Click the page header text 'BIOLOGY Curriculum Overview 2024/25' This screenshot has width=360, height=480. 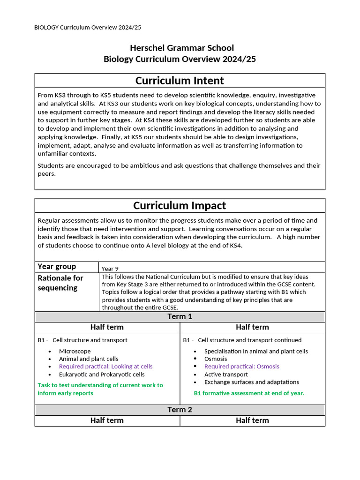click(88, 28)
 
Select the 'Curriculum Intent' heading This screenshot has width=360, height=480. click(180, 81)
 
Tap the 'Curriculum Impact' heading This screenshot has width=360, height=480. click(180, 206)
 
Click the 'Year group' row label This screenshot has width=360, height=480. click(57, 267)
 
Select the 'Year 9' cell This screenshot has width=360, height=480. click(110, 269)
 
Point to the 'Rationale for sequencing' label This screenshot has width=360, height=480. click(60, 283)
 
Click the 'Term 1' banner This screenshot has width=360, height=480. click(180, 317)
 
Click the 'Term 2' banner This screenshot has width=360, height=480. click(180, 410)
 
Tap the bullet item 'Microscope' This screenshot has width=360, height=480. click(75, 351)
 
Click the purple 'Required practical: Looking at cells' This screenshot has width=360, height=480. click(105, 367)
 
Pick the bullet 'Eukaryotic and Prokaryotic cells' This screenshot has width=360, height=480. click(102, 375)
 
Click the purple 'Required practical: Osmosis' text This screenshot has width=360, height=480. click(241, 367)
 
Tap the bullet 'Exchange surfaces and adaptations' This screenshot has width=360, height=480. click(251, 382)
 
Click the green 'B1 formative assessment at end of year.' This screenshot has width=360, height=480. click(249, 393)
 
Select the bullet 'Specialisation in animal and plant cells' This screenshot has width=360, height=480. click(256, 351)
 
